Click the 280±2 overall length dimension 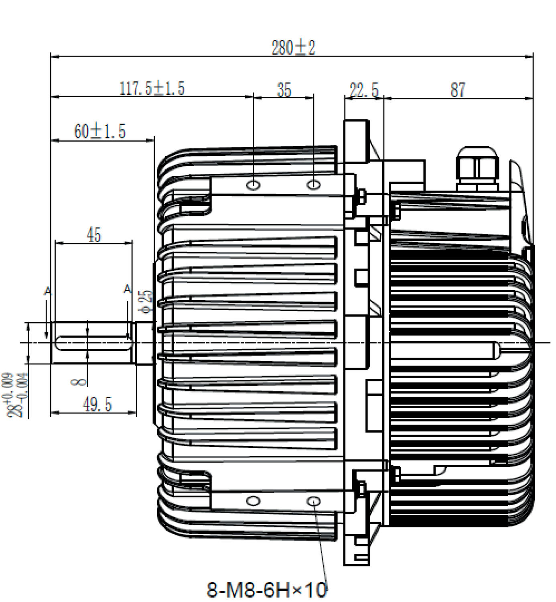(x=293, y=48)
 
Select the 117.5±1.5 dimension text (x=152, y=88)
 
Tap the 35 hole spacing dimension (x=284, y=90)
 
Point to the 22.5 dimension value (x=363, y=90)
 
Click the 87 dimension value (x=458, y=90)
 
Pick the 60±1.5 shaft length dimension (x=100, y=131)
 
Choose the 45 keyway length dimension (x=93, y=234)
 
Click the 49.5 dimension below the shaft (x=97, y=404)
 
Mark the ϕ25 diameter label (x=146, y=301)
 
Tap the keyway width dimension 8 (x=79, y=381)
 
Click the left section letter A (x=47, y=291)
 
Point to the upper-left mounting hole (x=254, y=185)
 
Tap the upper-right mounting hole (x=313, y=185)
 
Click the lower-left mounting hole (x=253, y=500)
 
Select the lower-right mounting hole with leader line (x=314, y=501)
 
